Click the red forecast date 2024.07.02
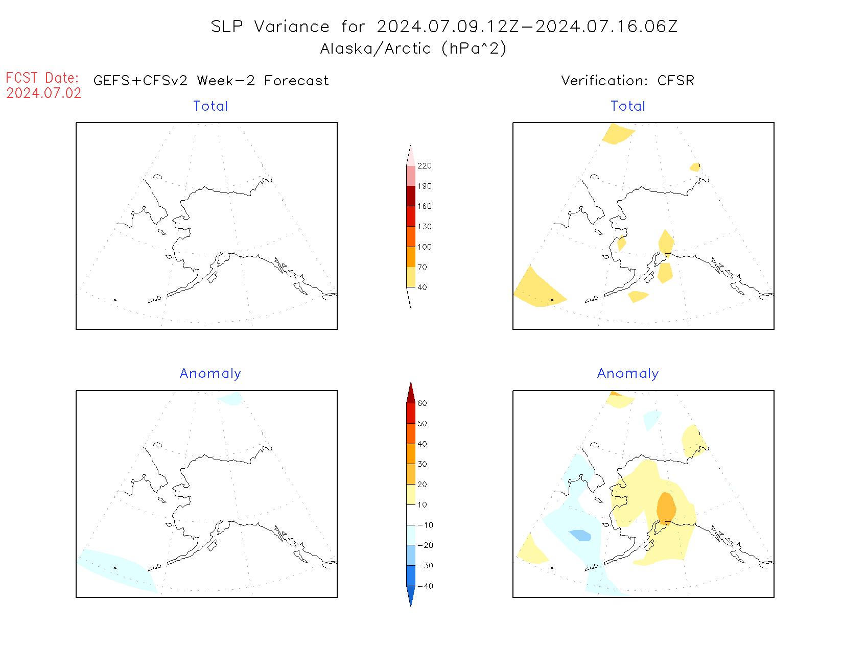[x=44, y=93]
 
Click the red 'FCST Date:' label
[x=42, y=78]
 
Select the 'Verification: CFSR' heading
[x=627, y=81]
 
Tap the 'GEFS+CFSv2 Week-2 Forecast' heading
[x=211, y=81]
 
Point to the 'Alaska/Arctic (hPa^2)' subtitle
[x=413, y=49]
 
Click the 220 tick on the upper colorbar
[x=424, y=166]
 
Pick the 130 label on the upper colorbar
[x=424, y=227]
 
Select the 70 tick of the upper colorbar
[x=422, y=267]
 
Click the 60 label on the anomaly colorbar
[x=422, y=403]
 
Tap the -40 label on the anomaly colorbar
[x=425, y=586]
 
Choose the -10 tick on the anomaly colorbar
[x=425, y=525]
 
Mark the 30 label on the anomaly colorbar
[x=422, y=464]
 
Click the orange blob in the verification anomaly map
[x=666, y=508]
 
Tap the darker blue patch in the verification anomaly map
[x=581, y=535]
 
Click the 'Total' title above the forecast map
[x=210, y=106]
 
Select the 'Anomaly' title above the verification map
[x=628, y=374]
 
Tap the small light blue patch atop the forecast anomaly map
[x=230, y=398]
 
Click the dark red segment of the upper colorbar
[x=411, y=196]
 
